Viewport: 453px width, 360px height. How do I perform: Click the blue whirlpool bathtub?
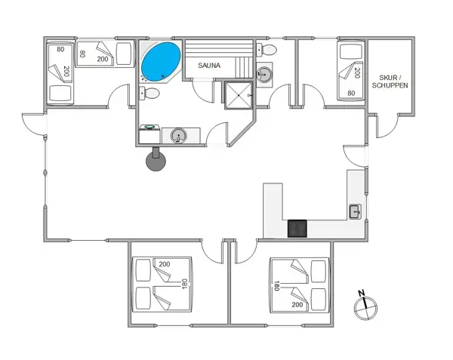161,61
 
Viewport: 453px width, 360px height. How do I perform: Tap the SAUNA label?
209,66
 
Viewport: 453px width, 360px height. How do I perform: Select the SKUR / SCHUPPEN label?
390,82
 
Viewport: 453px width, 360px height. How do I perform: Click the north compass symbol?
365,308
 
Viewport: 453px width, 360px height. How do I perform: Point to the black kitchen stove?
297,229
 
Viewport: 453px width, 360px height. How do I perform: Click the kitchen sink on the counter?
355,211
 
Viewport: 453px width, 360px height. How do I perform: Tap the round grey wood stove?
156,161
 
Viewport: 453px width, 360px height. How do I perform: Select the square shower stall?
239,95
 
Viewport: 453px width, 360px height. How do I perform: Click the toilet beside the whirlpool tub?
149,94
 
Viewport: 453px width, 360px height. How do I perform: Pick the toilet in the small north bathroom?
267,50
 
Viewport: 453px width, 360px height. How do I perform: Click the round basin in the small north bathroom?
264,75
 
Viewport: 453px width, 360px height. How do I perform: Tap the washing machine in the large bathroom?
149,134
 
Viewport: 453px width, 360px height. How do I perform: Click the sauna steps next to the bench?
244,67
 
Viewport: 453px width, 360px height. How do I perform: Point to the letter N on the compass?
361,294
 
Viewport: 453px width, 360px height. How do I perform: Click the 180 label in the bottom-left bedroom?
184,284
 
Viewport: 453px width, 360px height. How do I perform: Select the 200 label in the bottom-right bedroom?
297,305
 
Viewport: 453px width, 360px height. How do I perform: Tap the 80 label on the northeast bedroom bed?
351,93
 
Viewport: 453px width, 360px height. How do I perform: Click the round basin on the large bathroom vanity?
178,135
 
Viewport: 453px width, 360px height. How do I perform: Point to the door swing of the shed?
387,126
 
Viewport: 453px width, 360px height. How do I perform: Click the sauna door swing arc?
202,92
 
